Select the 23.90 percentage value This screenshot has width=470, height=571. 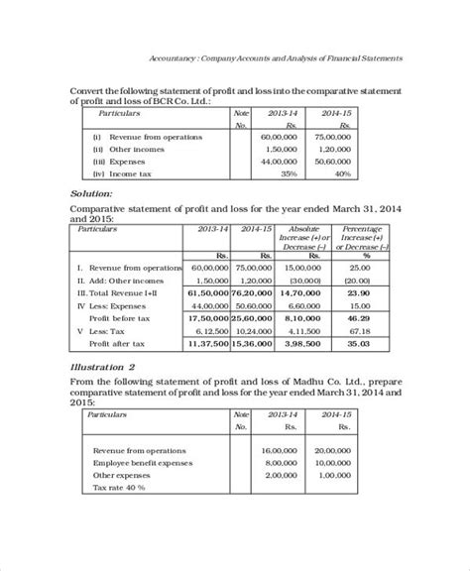[x=361, y=294]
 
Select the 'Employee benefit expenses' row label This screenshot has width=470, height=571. [x=140, y=463]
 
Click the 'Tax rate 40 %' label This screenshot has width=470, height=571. [x=119, y=488]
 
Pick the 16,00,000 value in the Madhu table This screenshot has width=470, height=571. [x=283, y=450]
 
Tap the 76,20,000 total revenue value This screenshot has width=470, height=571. [x=253, y=294]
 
